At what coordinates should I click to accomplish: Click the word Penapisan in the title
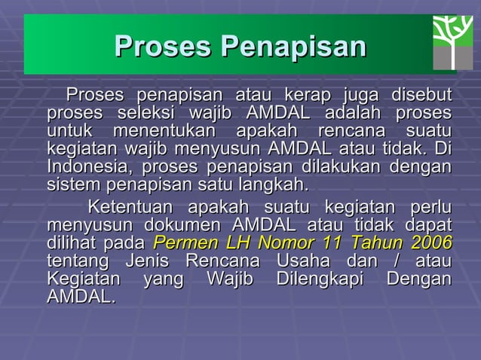point(293,47)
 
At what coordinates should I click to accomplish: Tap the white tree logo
point(452,42)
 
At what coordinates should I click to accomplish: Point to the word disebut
point(421,96)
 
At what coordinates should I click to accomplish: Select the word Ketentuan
point(130,207)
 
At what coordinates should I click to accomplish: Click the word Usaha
point(304,261)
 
